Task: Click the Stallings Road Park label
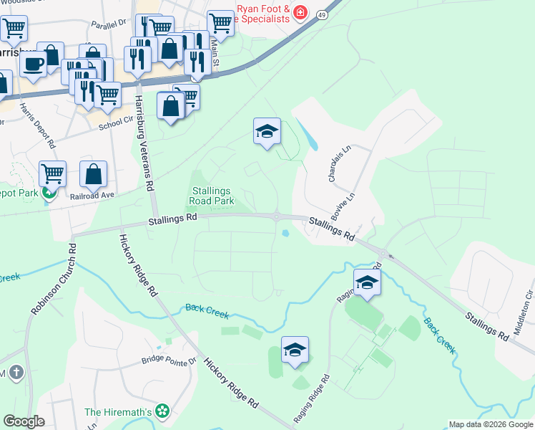(x=213, y=196)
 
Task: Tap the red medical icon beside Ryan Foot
(x=301, y=12)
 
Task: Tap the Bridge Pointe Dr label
(x=168, y=360)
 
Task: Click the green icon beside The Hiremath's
(x=163, y=411)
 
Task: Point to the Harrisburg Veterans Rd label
(x=145, y=143)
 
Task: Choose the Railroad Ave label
(x=93, y=194)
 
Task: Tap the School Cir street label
(x=116, y=123)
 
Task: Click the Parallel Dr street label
(x=108, y=24)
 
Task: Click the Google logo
(x=24, y=421)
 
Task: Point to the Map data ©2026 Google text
(x=490, y=424)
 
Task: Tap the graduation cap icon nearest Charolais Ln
(x=267, y=132)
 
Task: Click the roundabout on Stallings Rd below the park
(x=277, y=216)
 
